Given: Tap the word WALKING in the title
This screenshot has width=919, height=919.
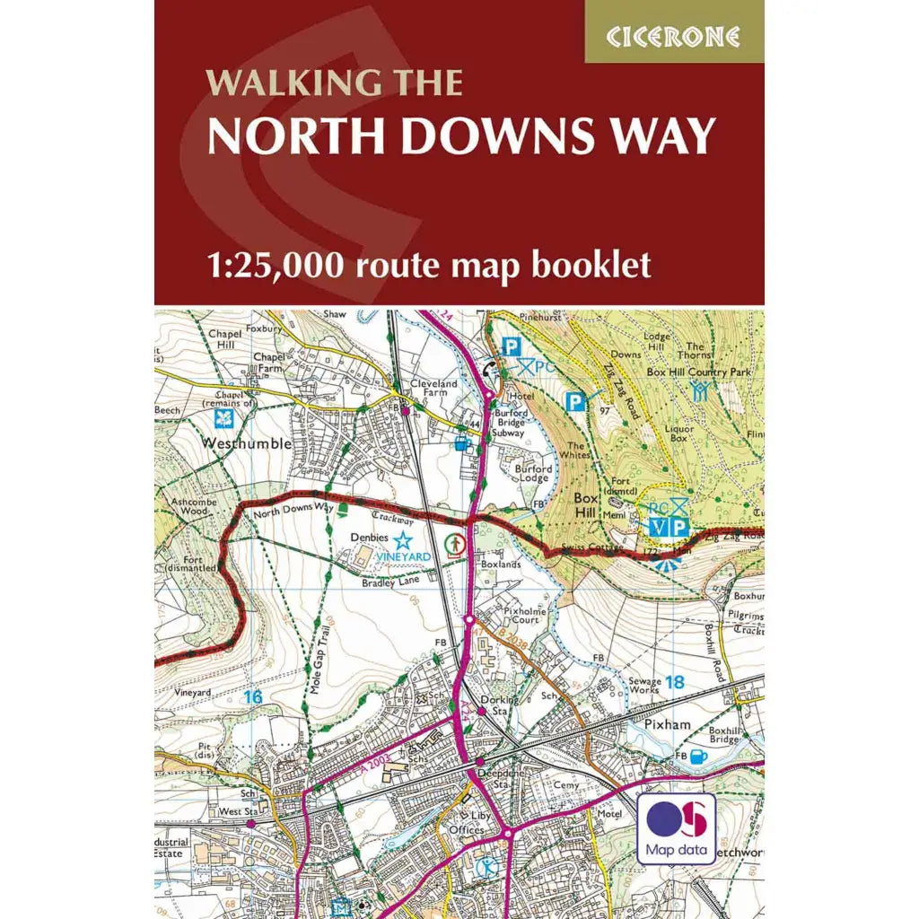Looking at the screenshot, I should click(x=273, y=83).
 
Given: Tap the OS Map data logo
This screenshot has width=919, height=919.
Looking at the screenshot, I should click(x=676, y=827).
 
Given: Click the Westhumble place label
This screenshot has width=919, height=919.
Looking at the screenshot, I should click(x=246, y=443).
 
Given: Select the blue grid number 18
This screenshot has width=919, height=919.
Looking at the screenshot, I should click(x=675, y=682).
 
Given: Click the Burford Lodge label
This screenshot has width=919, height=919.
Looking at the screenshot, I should click(x=531, y=473).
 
